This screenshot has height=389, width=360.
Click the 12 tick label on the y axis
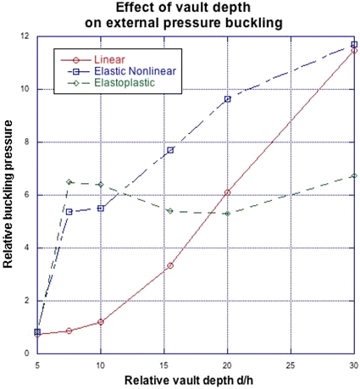[27, 36]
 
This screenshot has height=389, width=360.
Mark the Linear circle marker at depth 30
[354, 51]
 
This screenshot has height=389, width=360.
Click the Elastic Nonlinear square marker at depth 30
[354, 44]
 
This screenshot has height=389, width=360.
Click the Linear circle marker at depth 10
[101, 322]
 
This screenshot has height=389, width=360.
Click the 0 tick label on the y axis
[30, 353]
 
